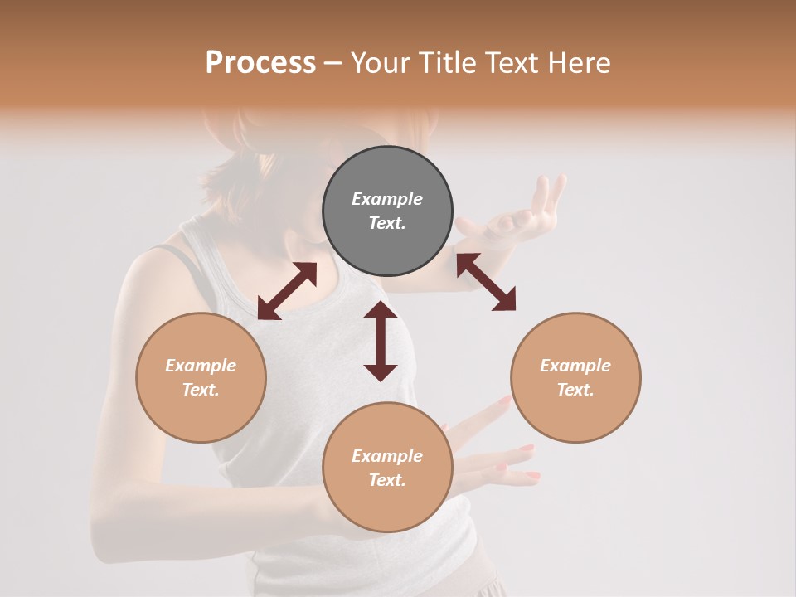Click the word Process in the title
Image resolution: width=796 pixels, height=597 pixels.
point(260,63)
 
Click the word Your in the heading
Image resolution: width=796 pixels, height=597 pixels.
point(381,63)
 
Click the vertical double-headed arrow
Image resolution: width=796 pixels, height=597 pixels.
point(381,341)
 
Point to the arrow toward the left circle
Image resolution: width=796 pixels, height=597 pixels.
point(287,290)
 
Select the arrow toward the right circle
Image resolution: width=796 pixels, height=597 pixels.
point(486,282)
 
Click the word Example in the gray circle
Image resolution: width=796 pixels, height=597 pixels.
point(387,199)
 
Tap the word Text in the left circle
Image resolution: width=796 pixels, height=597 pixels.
point(201,390)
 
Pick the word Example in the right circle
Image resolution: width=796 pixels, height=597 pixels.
point(575,366)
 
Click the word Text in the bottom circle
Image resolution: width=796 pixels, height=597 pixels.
point(387,480)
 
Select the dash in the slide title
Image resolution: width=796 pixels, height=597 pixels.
point(332,63)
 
